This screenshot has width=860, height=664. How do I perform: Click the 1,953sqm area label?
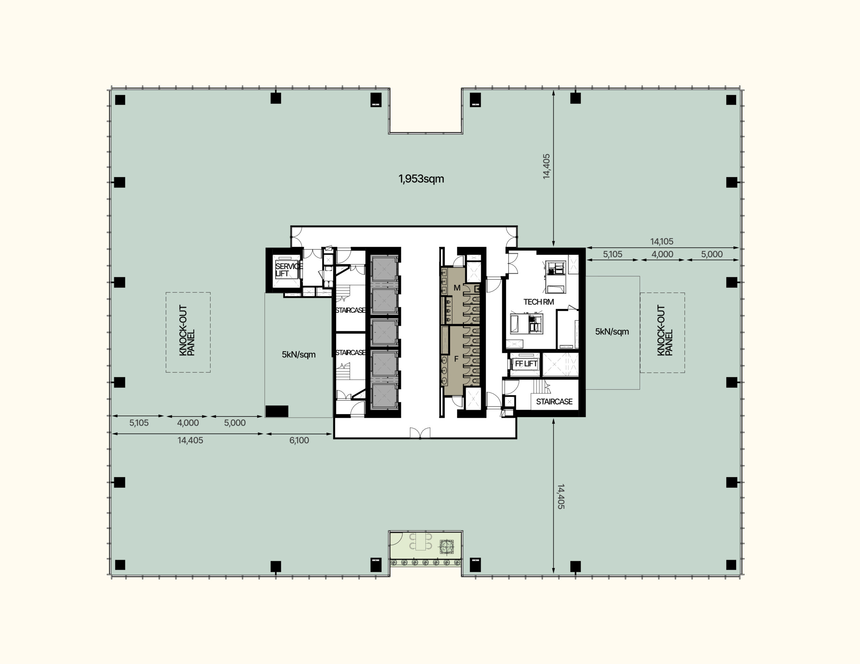[421, 179]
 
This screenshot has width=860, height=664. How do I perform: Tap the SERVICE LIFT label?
[289, 270]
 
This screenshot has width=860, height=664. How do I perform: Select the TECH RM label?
[539, 302]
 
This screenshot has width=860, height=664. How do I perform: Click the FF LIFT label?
[526, 364]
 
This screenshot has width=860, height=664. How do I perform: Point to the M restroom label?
[457, 288]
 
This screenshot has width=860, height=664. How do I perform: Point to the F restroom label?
[457, 359]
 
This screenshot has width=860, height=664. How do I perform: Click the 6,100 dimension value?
[299, 440]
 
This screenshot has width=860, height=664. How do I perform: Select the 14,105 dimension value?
[661, 241]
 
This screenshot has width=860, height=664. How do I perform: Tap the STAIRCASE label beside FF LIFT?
[554, 401]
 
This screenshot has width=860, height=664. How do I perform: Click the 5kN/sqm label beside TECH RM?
[612, 332]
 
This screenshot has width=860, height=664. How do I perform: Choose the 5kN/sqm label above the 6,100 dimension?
[298, 355]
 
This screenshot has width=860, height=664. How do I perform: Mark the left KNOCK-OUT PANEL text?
[187, 330]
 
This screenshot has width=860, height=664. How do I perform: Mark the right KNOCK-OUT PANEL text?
[665, 330]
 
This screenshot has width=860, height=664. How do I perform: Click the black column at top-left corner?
[120, 100]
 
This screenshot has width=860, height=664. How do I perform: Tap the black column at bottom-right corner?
[731, 565]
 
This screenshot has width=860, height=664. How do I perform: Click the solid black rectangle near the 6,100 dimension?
[277, 412]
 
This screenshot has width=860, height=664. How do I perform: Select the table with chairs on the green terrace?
[421, 542]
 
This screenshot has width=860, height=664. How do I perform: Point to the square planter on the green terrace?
[446, 546]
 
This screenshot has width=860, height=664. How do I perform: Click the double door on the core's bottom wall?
[420, 433]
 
